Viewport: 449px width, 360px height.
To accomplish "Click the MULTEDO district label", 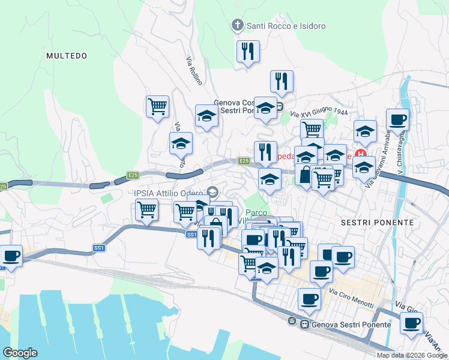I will click(67, 56).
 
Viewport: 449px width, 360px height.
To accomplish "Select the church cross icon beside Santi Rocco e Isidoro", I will click(237, 26).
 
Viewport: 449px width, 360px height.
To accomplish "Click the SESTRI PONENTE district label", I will click(377, 222).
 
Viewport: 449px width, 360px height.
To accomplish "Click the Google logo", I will click(20, 353).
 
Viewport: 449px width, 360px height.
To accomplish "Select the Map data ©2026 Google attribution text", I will click(412, 355).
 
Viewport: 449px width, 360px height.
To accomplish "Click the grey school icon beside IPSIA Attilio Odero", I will click(211, 192).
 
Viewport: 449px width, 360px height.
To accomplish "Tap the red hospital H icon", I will click(361, 153).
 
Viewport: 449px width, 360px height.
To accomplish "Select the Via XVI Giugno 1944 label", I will click(319, 112).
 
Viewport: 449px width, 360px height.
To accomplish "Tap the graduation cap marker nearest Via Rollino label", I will click(206, 115).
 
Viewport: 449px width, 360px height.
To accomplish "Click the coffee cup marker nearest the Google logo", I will click(11, 256).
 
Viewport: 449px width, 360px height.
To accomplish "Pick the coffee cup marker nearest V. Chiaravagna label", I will click(397, 119).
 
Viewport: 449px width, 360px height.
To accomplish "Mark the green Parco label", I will click(256, 212).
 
